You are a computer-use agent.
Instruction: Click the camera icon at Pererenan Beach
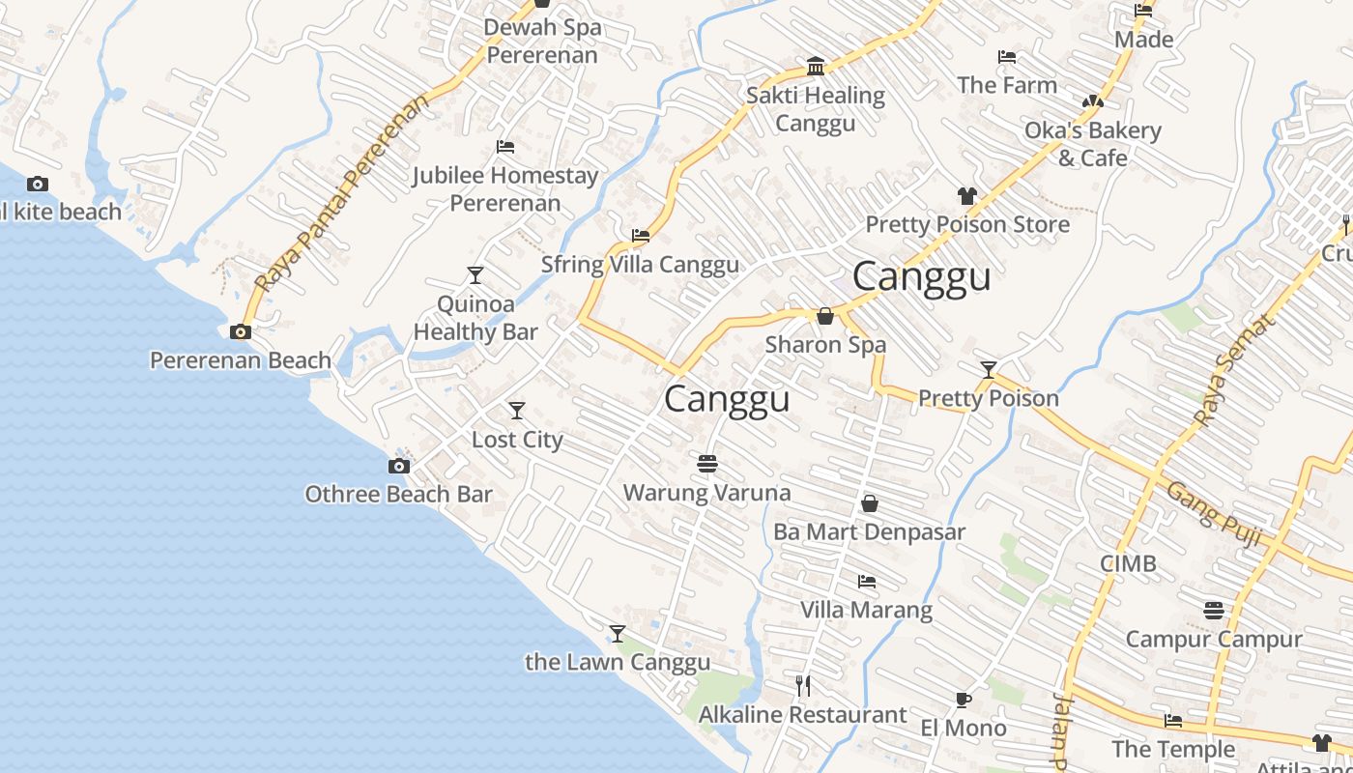point(240,332)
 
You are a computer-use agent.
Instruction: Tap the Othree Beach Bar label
point(398,495)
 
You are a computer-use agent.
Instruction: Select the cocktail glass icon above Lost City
point(517,411)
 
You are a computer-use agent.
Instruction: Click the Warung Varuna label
point(706,493)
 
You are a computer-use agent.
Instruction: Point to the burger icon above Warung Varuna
point(707,464)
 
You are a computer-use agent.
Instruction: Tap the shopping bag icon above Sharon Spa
point(825,316)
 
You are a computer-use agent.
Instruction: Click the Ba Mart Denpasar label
point(869,532)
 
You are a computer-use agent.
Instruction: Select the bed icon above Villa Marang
point(867,582)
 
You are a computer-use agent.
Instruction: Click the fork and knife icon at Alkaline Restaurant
point(803,686)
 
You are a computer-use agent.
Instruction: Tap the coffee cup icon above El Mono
point(963,700)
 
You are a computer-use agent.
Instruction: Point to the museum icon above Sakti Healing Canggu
point(816,67)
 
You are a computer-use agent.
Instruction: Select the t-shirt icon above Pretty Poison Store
point(967,196)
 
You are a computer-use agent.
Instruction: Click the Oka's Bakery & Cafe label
point(1092,144)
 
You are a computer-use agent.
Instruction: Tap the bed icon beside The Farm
point(1007,57)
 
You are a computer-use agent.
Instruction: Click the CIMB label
point(1128,564)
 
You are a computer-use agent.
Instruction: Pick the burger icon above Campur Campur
point(1214,611)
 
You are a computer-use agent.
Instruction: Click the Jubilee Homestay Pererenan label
point(505,189)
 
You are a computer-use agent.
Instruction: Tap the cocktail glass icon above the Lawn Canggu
point(618,634)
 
